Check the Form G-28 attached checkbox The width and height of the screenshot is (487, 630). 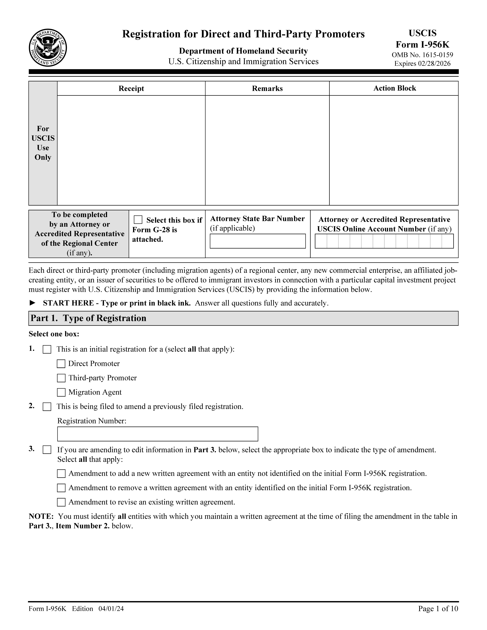point(138,220)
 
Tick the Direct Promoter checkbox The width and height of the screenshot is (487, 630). point(61,364)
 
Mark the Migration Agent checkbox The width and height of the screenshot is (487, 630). point(61,392)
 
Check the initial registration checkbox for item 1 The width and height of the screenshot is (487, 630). point(47,350)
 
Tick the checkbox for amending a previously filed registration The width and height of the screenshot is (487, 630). point(47,407)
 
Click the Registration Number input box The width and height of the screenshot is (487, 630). point(158,434)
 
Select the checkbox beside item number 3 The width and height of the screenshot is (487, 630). point(47,450)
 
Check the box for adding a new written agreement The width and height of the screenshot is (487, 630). point(61,474)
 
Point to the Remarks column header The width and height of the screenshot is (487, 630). point(267,89)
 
